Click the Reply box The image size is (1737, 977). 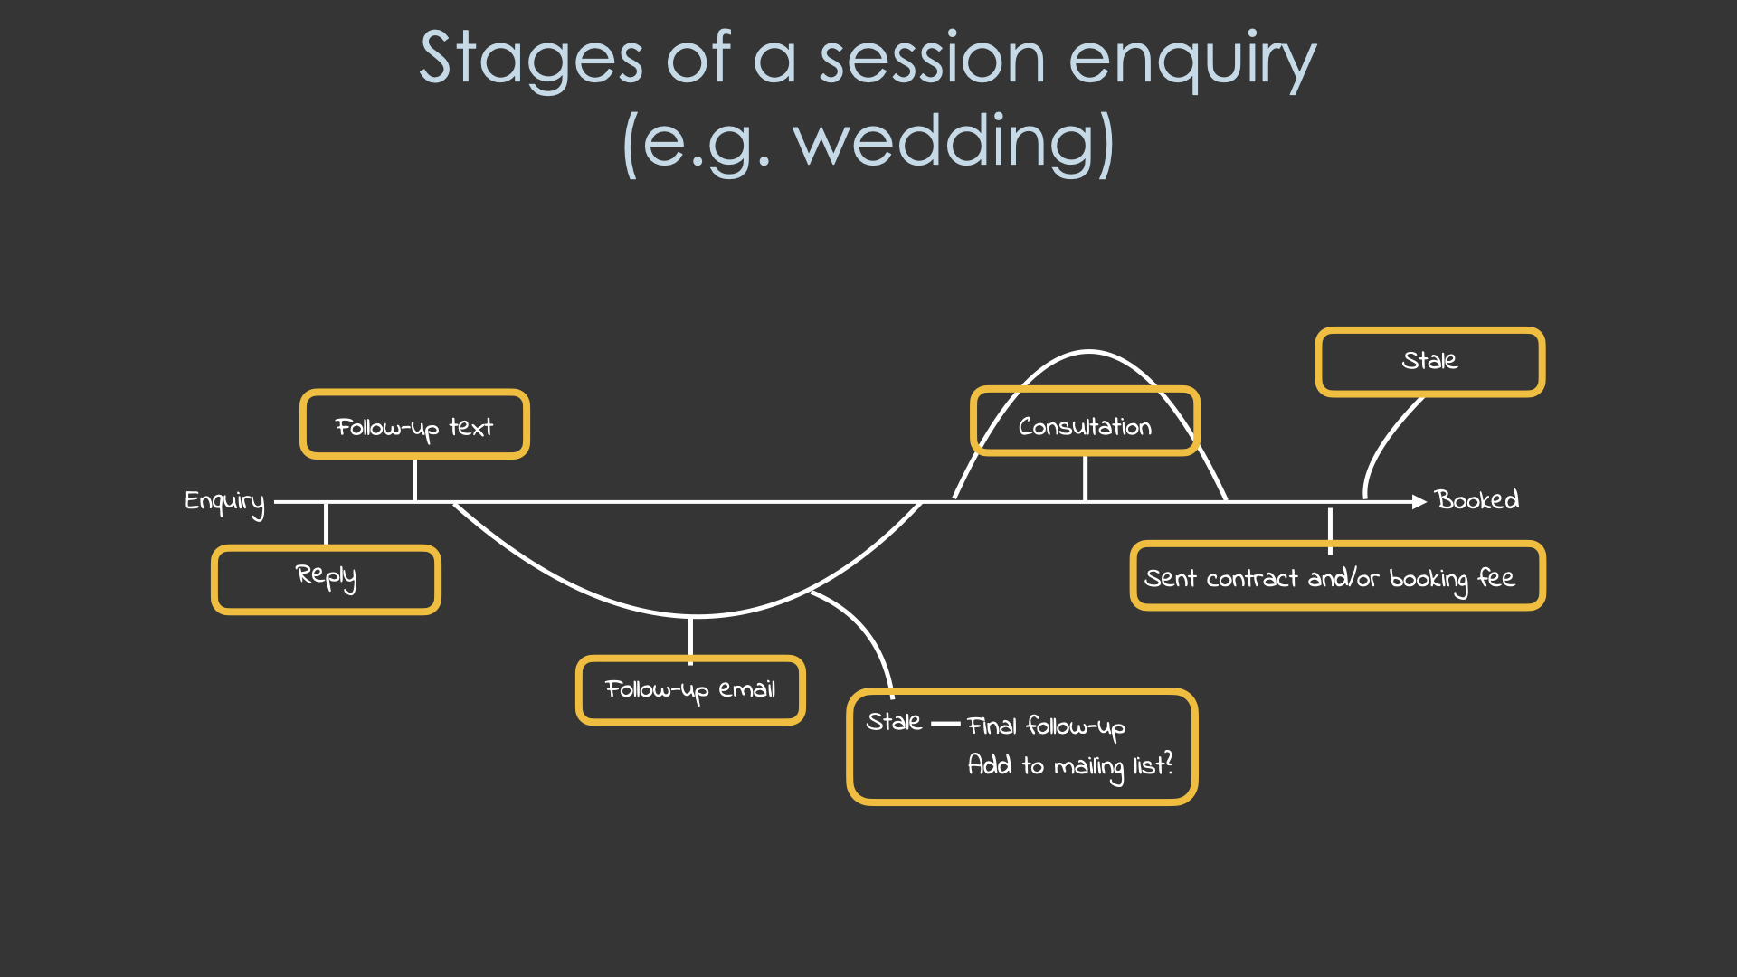[x=326, y=579]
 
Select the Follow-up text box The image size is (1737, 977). [x=414, y=425]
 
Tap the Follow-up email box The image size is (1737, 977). [x=690, y=690]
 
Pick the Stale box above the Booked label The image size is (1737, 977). [x=1429, y=362]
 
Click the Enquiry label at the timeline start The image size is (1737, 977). [x=224, y=502]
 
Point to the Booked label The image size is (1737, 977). [x=1476, y=500]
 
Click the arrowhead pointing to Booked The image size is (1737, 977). [x=1419, y=501]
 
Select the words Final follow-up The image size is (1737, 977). [x=1046, y=726]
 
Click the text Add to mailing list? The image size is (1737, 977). [x=1069, y=766]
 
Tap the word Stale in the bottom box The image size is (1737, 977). [x=894, y=722]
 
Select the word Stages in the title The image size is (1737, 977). [x=531, y=60]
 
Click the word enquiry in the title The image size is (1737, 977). [x=1191, y=60]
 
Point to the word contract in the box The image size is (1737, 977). [x=1252, y=579]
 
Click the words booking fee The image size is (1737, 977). [x=1451, y=579]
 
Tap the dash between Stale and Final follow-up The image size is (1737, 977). [x=945, y=724]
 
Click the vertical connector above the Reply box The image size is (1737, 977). [x=326, y=525]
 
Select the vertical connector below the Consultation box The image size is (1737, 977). [x=1085, y=478]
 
